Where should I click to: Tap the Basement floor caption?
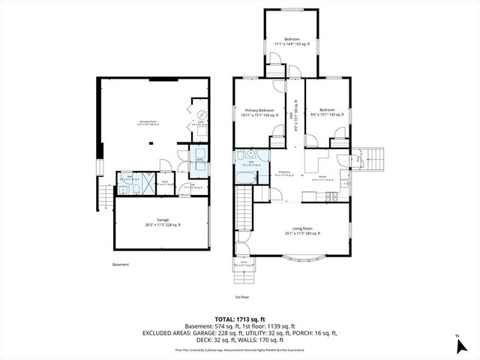[x=121, y=264]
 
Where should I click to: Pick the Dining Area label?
[x=286, y=173]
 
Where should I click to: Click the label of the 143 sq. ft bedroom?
[x=326, y=113]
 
